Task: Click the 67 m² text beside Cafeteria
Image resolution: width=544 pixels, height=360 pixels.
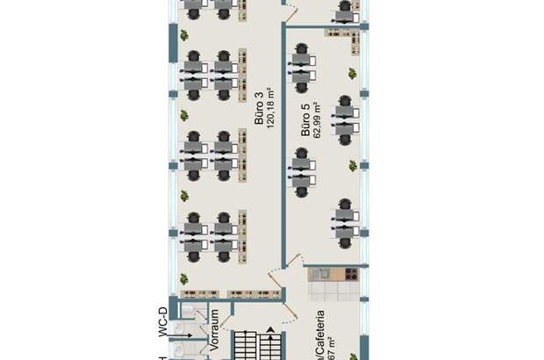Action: click(333, 349)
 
